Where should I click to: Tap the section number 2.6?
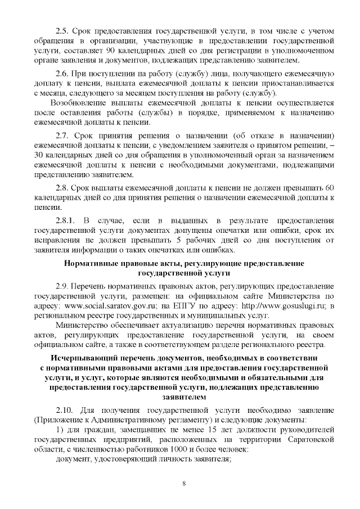(x=63, y=74)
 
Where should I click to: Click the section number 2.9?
(x=63, y=287)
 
